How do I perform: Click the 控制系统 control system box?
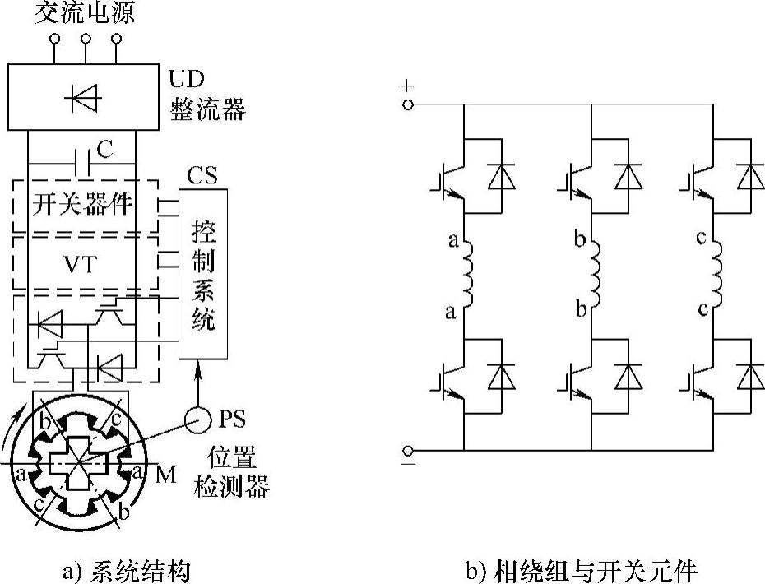202,272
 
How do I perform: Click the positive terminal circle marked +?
407,105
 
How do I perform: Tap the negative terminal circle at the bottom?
407,450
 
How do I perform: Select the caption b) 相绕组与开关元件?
580,568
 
